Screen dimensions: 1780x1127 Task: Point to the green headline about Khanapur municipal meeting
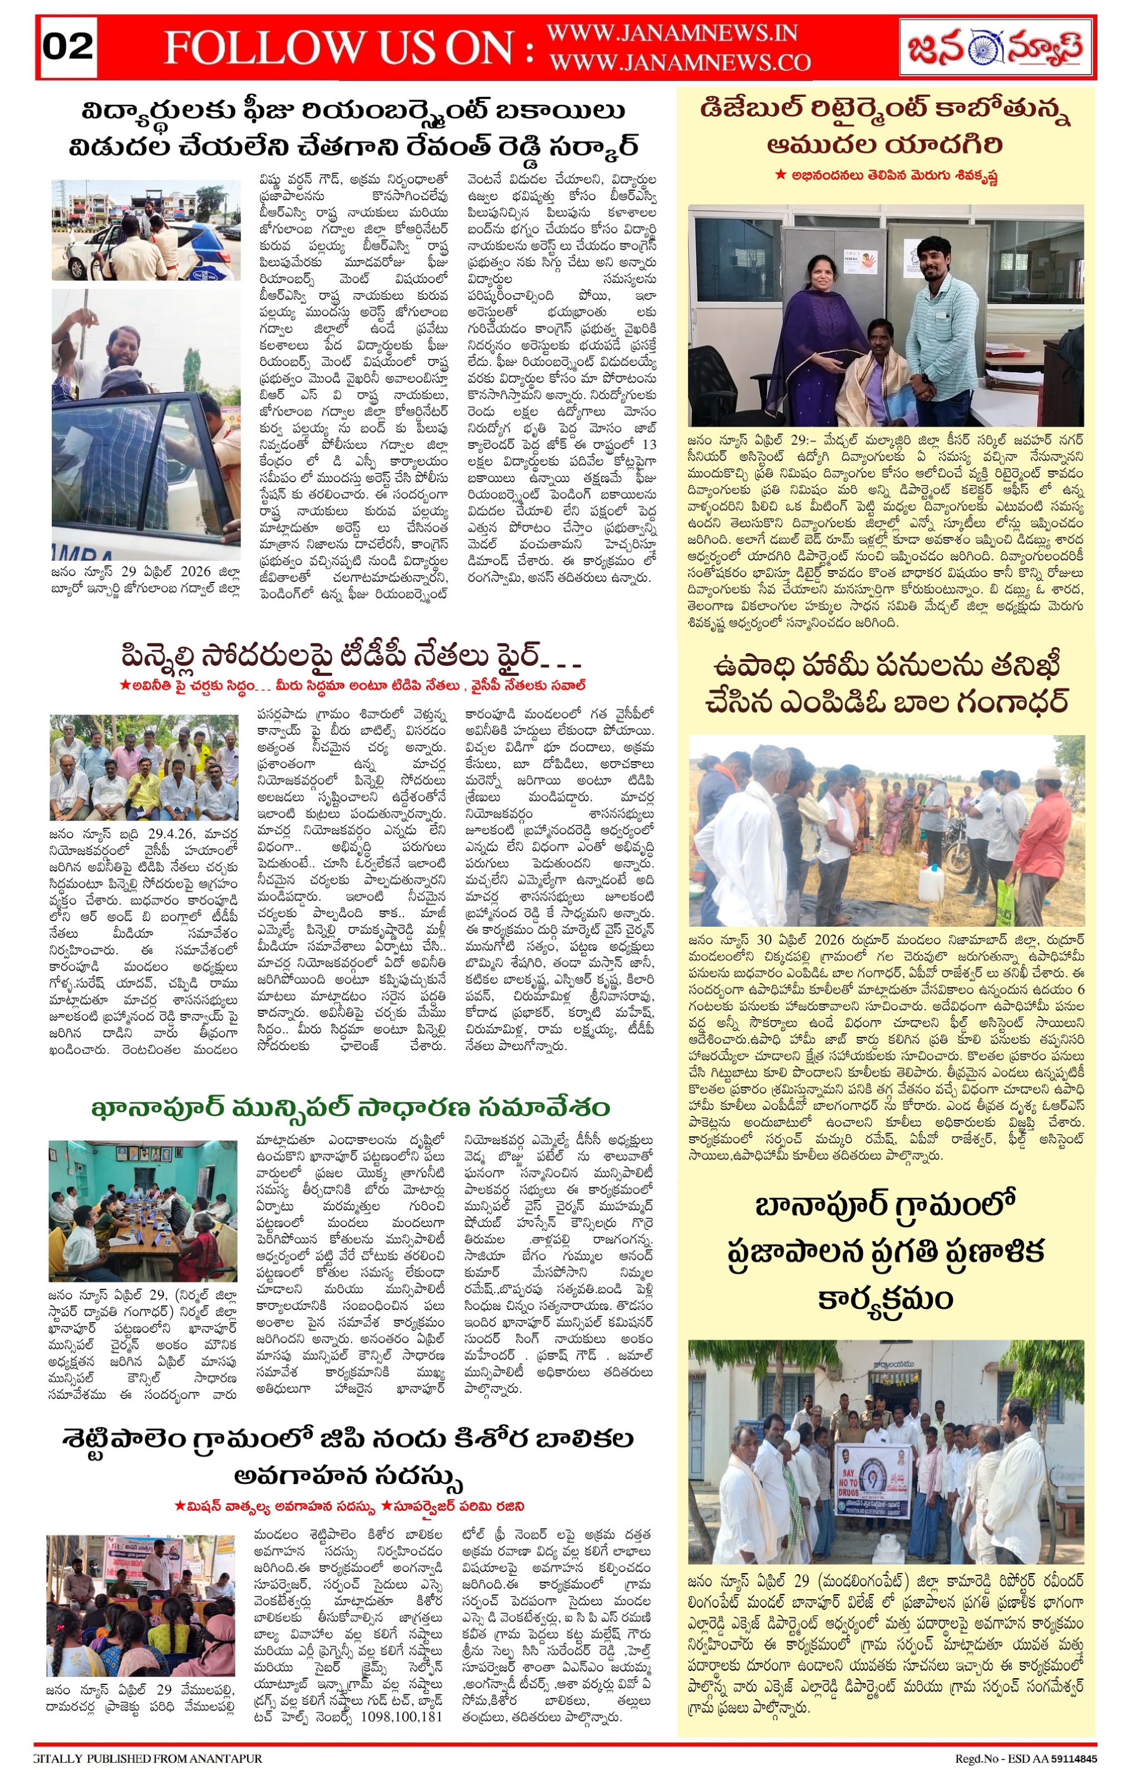[351, 1108]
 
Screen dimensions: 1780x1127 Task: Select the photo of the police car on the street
[146, 230]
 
